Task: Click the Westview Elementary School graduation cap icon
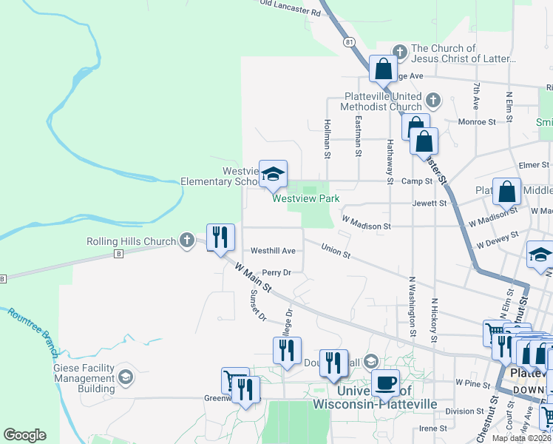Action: (272, 174)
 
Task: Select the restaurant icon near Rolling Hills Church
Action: (220, 237)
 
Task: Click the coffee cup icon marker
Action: (384, 383)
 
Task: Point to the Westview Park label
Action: (305, 198)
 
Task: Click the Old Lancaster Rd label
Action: (291, 8)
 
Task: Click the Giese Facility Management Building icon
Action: (125, 377)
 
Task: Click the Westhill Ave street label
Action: (273, 251)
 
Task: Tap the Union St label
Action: (336, 252)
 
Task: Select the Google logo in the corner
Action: (24, 435)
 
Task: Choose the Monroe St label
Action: (477, 121)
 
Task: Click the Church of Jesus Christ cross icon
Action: (400, 51)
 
